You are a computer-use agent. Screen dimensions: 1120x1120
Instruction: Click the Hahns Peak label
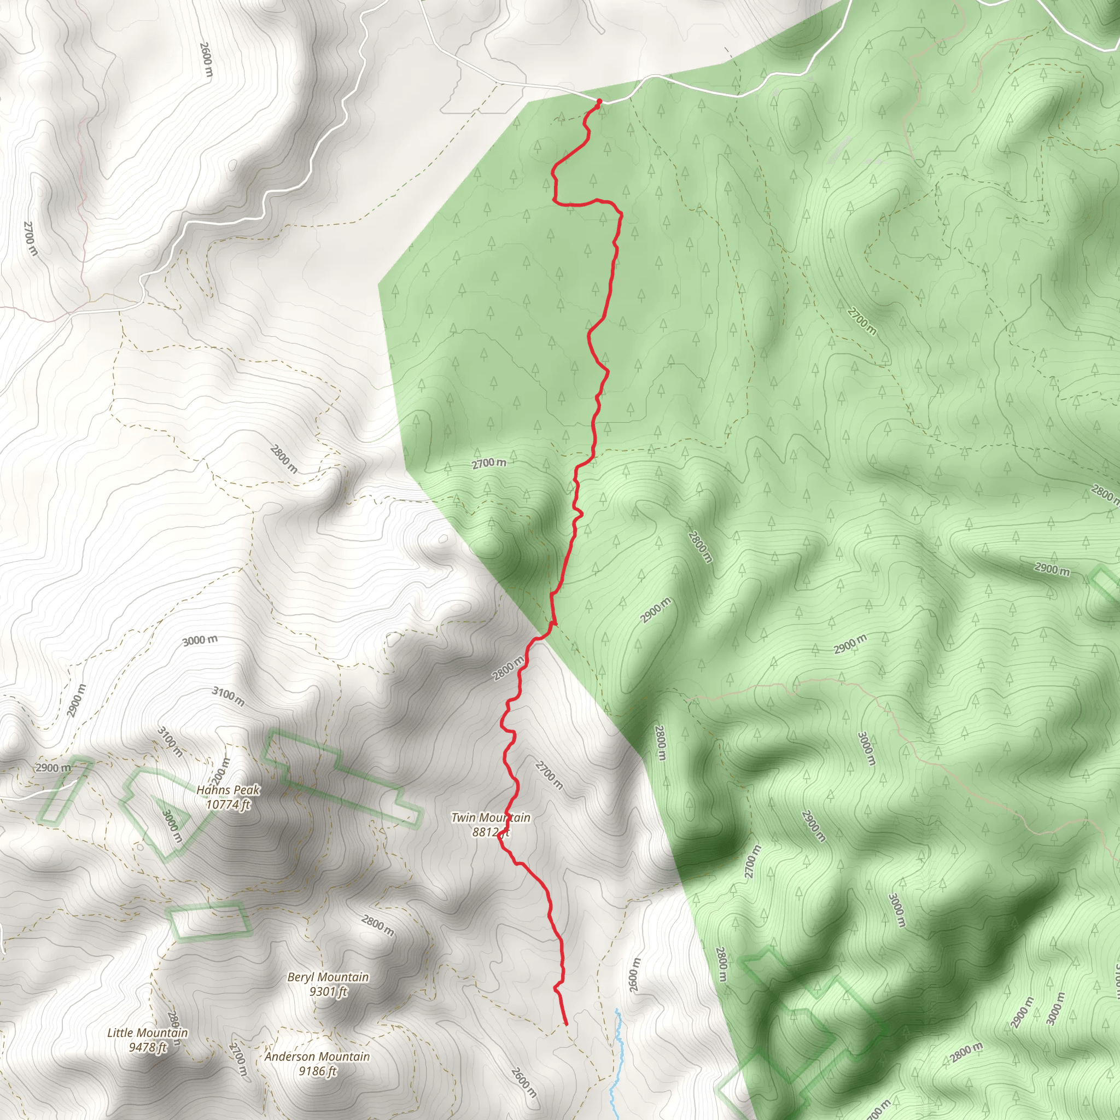click(x=228, y=790)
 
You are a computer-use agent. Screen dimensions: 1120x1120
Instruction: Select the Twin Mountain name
click(x=491, y=818)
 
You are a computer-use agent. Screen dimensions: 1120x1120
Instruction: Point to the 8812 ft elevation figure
click(x=491, y=832)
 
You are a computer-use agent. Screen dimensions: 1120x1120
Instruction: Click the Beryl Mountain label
click(x=328, y=977)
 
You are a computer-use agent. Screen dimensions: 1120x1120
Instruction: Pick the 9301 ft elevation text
click(x=328, y=991)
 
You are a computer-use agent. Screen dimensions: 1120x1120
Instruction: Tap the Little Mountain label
click(x=147, y=1032)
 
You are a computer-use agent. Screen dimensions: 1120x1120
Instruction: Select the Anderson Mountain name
click(x=317, y=1056)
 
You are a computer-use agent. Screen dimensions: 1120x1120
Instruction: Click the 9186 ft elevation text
click(x=317, y=1071)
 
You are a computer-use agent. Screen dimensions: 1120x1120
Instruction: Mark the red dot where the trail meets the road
click(x=599, y=102)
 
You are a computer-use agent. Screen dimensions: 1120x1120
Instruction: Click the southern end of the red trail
click(x=566, y=1024)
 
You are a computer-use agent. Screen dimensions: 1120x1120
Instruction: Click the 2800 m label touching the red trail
click(x=508, y=668)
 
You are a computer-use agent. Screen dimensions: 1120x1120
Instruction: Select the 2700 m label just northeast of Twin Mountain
click(x=549, y=775)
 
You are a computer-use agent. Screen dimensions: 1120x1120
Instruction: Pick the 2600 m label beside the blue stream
click(x=634, y=975)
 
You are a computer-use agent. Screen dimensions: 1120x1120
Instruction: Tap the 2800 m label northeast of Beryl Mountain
click(x=377, y=925)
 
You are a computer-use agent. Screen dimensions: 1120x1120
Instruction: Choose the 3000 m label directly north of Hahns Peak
click(x=200, y=640)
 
